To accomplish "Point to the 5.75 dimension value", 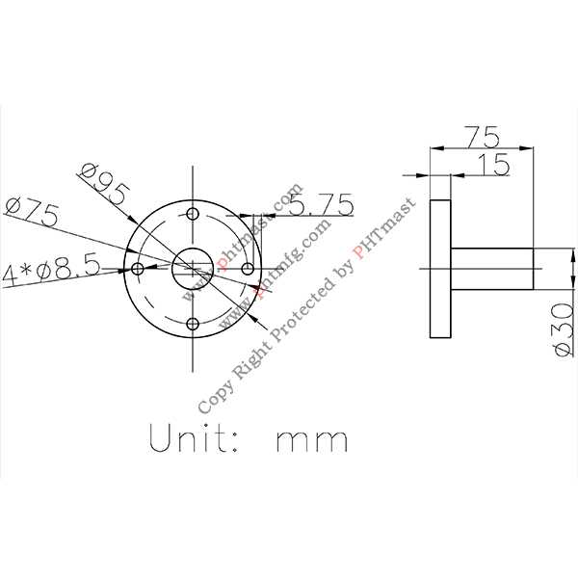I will coord(321,204).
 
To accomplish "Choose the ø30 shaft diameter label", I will coord(565,328).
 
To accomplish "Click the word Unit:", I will coord(193,439).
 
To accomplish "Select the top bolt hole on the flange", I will coord(194,214).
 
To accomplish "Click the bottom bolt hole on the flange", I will coord(194,323).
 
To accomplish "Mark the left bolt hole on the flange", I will coord(138,269).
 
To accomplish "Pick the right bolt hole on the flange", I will coord(249,269).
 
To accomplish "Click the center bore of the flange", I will coord(194,269).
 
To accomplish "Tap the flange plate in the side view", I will coord(439,269).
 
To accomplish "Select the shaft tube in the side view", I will coord(491,269).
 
